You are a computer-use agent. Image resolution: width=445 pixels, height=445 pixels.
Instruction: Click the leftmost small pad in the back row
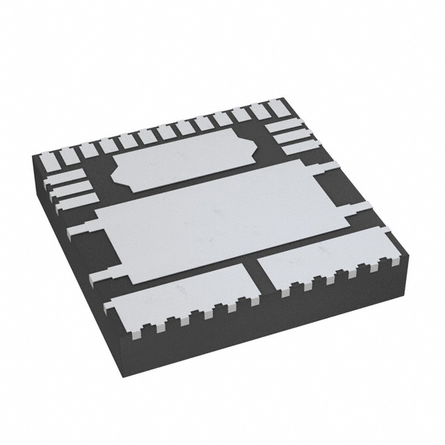[49, 161]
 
